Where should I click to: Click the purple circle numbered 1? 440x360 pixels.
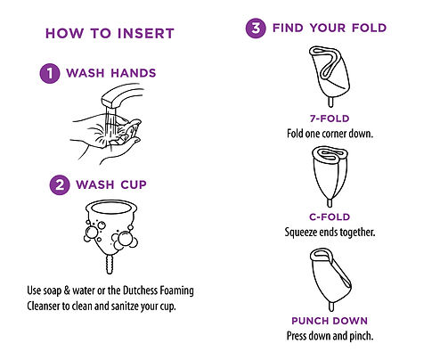point(50,73)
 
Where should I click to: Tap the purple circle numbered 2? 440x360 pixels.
point(60,184)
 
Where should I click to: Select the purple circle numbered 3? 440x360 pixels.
point(256,29)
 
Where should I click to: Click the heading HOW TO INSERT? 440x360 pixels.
point(110,33)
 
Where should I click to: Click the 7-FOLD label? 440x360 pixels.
point(330,119)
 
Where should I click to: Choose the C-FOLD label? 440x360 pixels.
point(330,217)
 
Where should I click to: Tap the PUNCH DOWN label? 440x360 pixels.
point(330,321)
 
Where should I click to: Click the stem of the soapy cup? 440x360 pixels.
point(110,265)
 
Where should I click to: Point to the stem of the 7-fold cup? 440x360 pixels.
point(330,102)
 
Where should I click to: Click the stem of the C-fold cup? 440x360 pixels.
point(330,202)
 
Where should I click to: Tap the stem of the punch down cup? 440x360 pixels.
point(331,306)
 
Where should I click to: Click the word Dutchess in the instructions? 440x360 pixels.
point(141,290)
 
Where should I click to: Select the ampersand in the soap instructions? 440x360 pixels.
point(67,290)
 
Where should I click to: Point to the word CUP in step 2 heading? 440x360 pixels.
point(134,184)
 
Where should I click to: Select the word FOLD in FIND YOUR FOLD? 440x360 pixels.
point(369,28)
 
